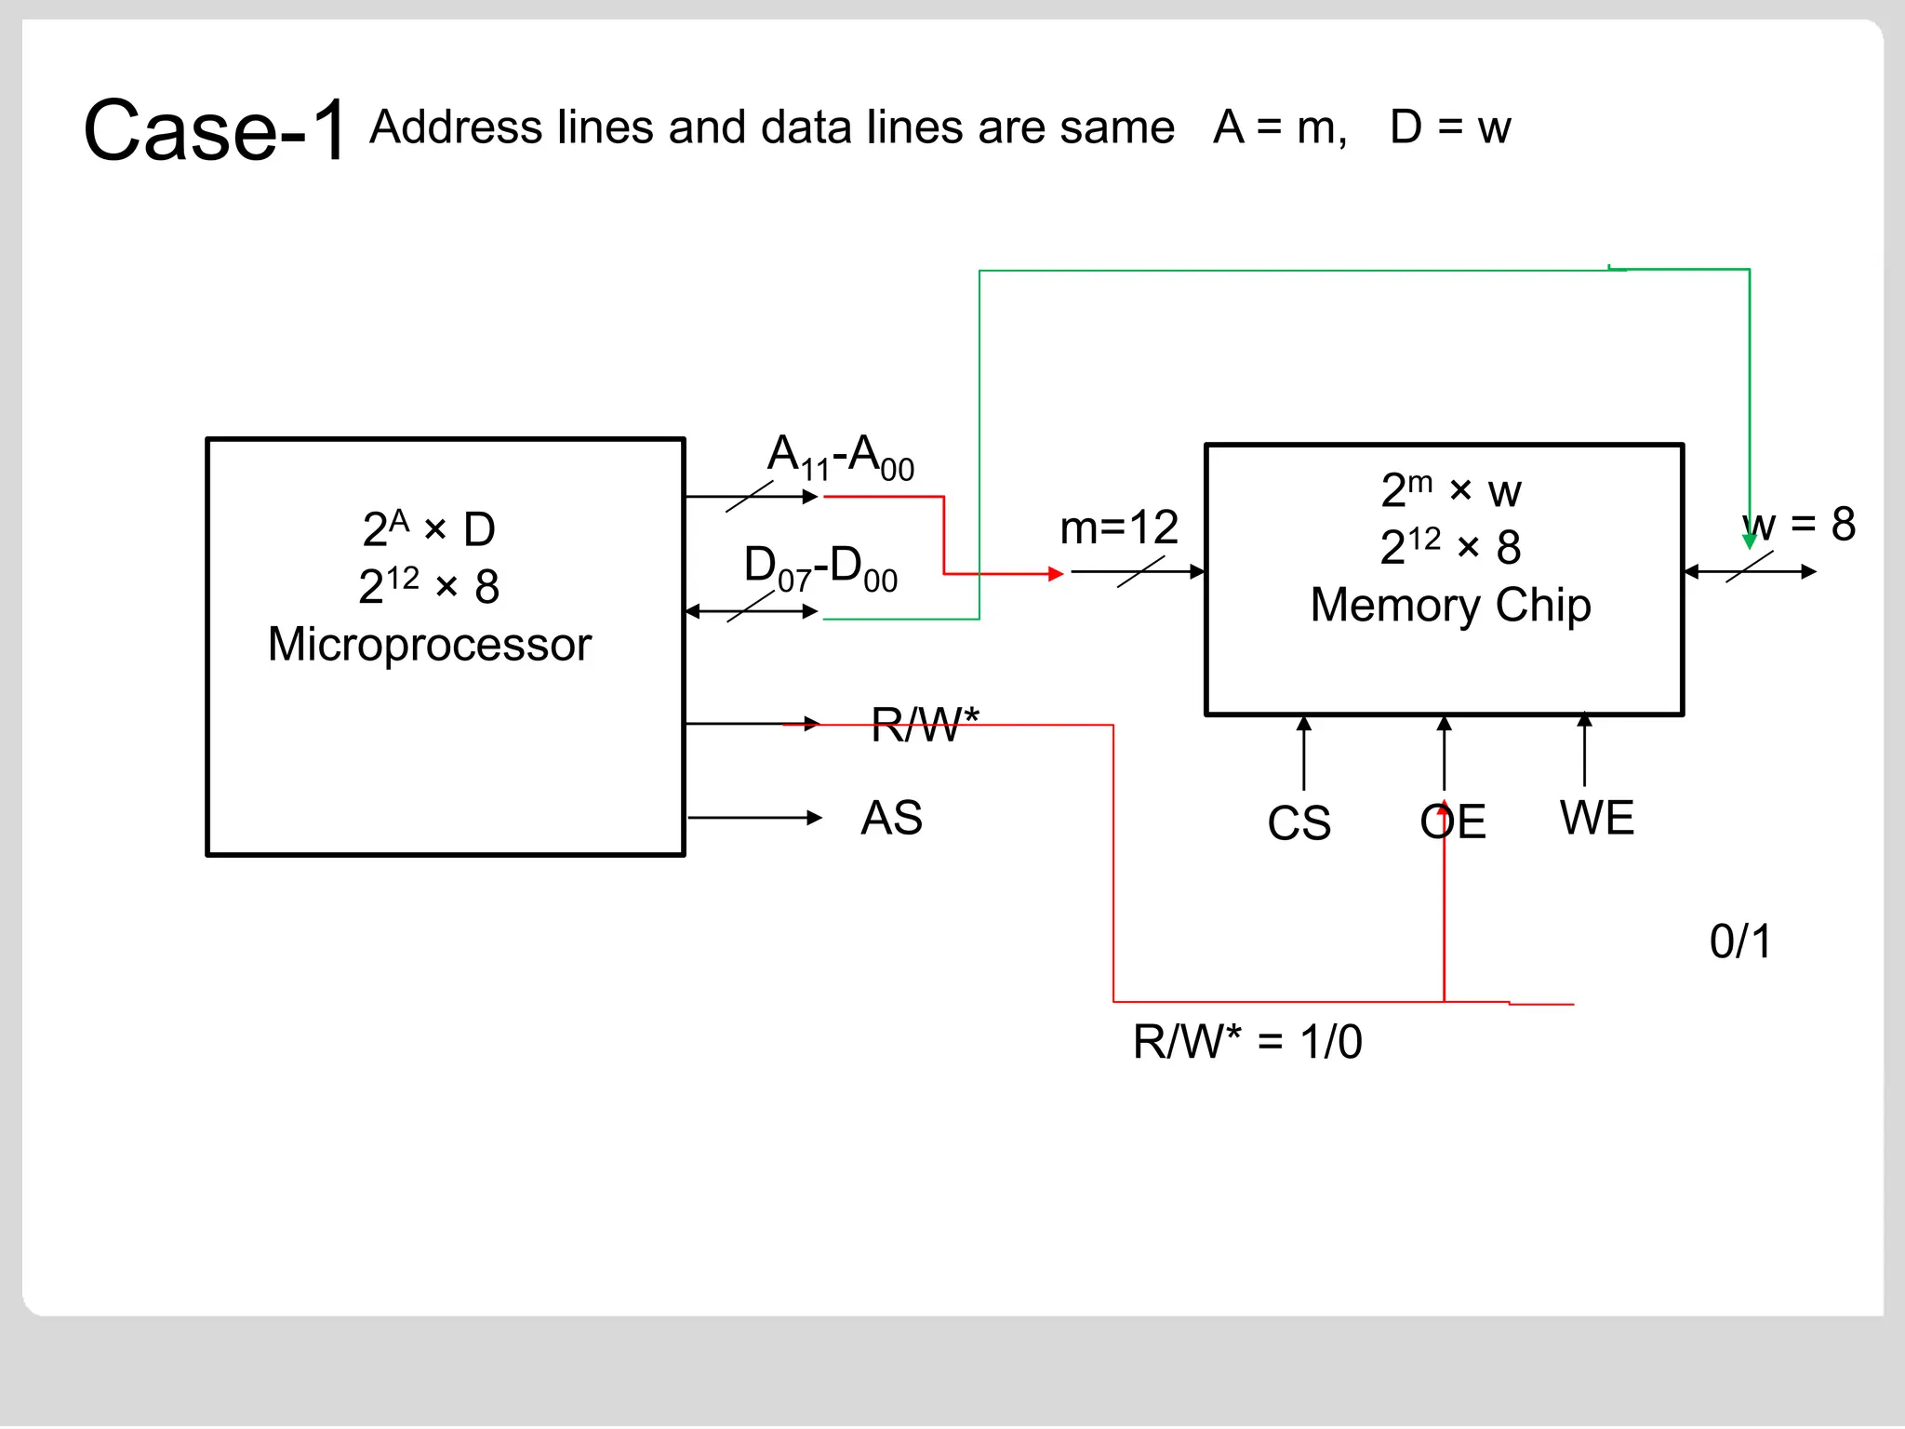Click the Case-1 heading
[215, 130]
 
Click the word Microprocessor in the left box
[429, 644]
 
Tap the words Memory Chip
[1450, 605]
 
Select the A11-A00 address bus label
[840, 457]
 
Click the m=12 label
[1118, 528]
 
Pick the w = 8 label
[1799, 524]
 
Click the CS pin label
[1299, 822]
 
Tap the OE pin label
[1452, 821]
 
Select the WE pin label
[1596, 818]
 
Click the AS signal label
[891, 818]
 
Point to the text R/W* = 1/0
[1246, 1041]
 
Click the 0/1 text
[1740, 942]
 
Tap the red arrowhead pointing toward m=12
[1055, 574]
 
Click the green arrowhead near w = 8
[1749, 541]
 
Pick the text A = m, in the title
[1280, 127]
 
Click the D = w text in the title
[1449, 127]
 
